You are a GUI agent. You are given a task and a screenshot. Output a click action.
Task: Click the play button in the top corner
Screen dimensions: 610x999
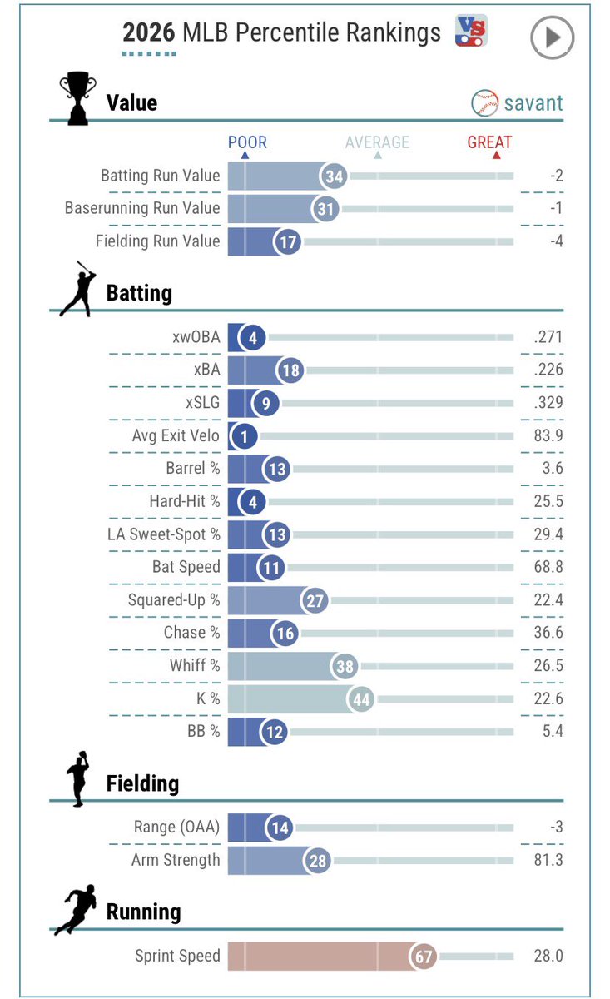(x=552, y=37)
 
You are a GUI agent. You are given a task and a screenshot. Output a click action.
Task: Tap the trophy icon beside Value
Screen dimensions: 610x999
(x=77, y=97)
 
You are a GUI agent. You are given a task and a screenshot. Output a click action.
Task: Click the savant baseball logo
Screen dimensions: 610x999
(x=484, y=103)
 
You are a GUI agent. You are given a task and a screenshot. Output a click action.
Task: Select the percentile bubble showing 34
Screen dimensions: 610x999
(x=334, y=176)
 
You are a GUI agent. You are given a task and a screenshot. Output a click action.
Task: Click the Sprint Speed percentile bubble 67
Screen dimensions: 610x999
(x=423, y=957)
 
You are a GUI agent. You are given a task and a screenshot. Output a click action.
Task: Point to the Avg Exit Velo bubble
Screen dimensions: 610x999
(x=244, y=436)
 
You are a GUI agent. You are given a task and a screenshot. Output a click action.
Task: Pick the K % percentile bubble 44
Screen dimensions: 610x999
(x=360, y=699)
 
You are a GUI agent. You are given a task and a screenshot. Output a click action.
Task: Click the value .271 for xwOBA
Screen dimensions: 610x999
(x=548, y=337)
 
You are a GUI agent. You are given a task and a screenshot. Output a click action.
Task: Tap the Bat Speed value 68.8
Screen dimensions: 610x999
(x=548, y=567)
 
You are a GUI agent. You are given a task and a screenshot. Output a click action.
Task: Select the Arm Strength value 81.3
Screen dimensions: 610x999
(x=548, y=860)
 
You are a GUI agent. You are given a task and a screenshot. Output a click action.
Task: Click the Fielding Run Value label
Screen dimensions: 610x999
(x=158, y=241)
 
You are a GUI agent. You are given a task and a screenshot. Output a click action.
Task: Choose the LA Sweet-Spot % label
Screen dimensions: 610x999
(x=164, y=534)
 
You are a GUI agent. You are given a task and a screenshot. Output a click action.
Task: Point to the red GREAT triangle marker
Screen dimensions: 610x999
(x=496, y=155)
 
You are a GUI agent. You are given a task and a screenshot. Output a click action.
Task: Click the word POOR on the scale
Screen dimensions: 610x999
(x=247, y=142)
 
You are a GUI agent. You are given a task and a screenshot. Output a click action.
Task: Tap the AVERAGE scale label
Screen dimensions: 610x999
(x=377, y=142)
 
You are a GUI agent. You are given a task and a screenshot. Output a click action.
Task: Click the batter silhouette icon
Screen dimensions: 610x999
(x=78, y=289)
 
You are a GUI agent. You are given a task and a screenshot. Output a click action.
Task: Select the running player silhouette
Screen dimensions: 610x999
(x=76, y=910)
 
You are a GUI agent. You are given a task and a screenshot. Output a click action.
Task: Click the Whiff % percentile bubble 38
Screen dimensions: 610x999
(x=345, y=666)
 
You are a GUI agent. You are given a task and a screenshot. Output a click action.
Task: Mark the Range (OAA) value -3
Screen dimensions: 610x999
(x=556, y=828)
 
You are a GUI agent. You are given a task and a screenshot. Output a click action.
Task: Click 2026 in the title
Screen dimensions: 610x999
(x=148, y=33)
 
